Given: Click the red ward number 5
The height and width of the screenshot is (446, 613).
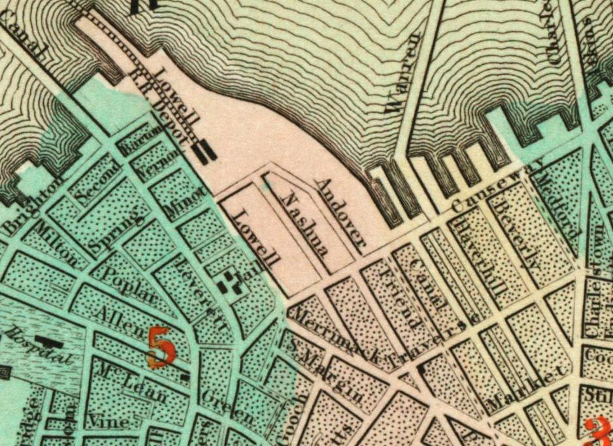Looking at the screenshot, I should pos(161,345).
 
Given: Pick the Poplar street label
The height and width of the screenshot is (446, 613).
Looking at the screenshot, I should pos(127,287).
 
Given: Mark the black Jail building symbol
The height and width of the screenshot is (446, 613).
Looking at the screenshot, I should pos(228,282).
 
